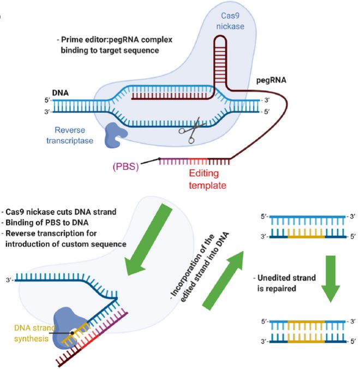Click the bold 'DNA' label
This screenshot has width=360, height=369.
[x=60, y=78]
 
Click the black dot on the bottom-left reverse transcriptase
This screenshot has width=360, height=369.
[x=72, y=332]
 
